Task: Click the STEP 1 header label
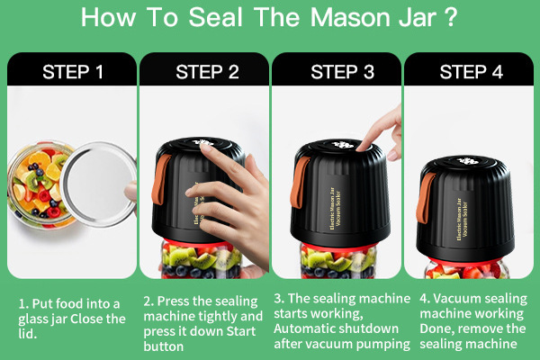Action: [x=73, y=72]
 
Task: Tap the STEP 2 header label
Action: [x=207, y=72]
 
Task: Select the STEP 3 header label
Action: [x=342, y=72]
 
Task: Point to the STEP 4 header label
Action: [x=471, y=72]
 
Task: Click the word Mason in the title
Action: [x=351, y=17]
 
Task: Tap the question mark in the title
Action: [x=450, y=17]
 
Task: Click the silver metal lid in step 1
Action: [x=99, y=184]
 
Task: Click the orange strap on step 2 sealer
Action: [x=160, y=179]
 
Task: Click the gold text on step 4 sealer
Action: [x=463, y=219]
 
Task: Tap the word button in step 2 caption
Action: [x=164, y=346]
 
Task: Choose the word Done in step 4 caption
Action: [x=435, y=328]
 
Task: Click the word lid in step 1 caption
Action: [x=27, y=334]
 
